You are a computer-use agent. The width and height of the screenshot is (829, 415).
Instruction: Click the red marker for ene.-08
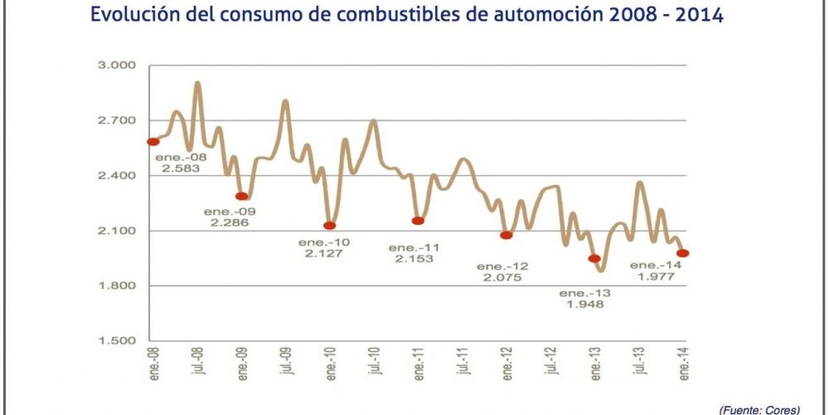(153, 142)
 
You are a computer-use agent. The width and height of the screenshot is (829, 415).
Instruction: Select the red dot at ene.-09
(242, 197)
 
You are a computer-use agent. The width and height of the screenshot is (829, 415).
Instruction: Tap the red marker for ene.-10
(329, 226)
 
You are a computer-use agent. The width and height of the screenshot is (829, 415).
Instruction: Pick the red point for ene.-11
(418, 221)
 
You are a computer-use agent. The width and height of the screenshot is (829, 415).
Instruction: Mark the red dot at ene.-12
(507, 236)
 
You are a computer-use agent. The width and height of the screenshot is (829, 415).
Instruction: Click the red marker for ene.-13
(594, 259)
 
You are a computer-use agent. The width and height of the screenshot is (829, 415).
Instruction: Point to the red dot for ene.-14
(683, 254)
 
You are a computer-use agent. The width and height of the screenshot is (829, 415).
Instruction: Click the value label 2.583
(182, 168)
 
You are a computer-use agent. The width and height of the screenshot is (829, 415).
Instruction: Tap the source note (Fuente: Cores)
(759, 409)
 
